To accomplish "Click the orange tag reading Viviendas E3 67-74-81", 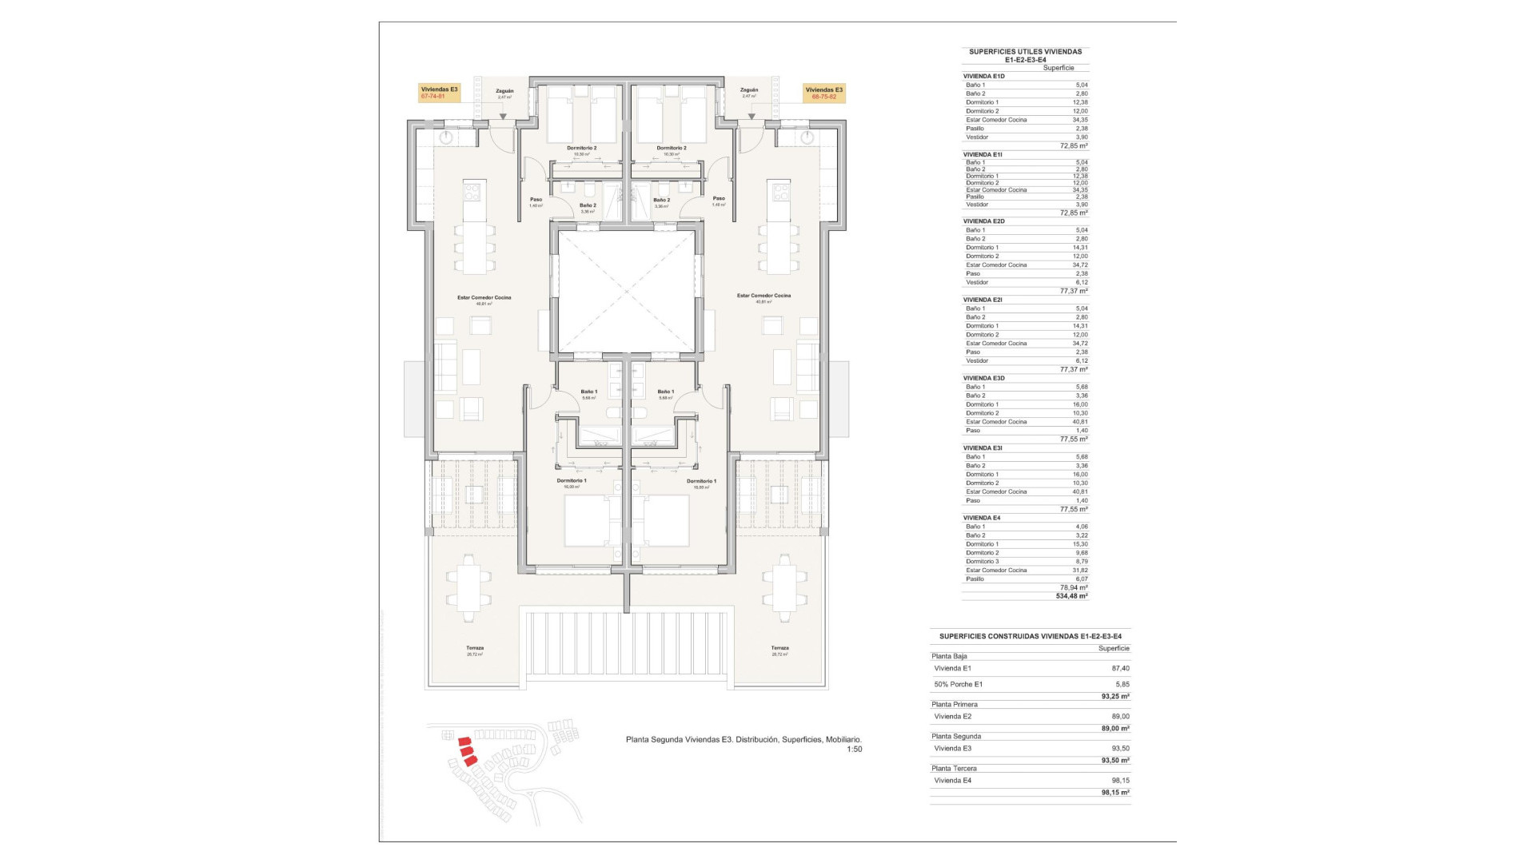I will [x=439, y=93].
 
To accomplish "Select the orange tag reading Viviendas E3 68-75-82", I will [x=823, y=93].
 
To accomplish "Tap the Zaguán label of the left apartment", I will [x=504, y=91].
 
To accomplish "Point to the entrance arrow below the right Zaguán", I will [x=752, y=117].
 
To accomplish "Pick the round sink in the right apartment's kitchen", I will [x=807, y=138].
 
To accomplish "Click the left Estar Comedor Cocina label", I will [x=484, y=298].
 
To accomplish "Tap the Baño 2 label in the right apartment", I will [x=661, y=201].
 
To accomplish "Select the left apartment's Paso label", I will [x=536, y=200].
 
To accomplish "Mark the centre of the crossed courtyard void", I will [x=626, y=291].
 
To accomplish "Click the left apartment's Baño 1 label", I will [x=589, y=392].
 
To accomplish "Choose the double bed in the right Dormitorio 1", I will [x=666, y=520].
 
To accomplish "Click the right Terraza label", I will [x=779, y=648].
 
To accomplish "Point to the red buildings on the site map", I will [x=466, y=752].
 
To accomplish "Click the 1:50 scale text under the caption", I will [x=854, y=750].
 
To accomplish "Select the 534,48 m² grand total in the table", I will [x=1071, y=596].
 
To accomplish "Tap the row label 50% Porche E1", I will [x=959, y=685].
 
